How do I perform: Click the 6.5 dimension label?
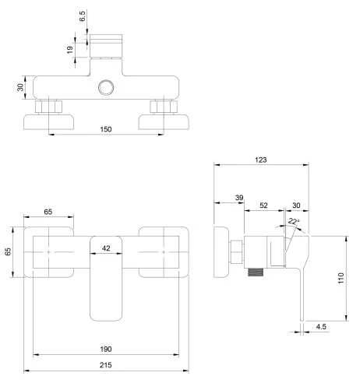83,16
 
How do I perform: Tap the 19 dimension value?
70,50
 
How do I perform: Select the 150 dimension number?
106,129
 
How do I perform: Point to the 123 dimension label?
261,160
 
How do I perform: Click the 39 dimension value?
239,198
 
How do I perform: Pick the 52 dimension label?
263,206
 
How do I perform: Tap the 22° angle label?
294,221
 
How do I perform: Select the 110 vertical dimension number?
341,278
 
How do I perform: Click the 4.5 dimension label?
321,327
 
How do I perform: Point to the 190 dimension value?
106,350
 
